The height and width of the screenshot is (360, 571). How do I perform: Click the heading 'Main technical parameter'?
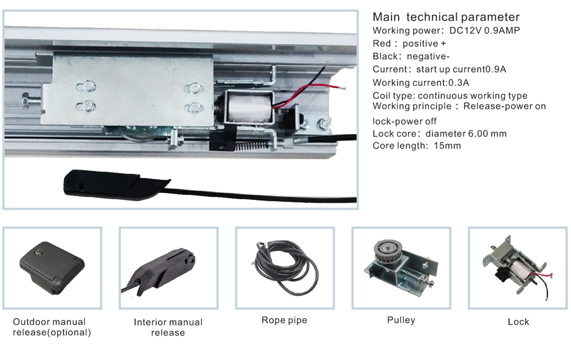click(x=445, y=17)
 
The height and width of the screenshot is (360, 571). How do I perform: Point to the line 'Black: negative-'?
click(x=411, y=56)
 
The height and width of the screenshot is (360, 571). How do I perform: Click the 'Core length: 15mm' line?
click(x=417, y=145)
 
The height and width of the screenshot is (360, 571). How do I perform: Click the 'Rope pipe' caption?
click(x=284, y=320)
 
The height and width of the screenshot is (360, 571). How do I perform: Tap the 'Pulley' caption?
click(x=401, y=319)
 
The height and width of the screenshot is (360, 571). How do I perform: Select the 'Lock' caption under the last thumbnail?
click(x=518, y=322)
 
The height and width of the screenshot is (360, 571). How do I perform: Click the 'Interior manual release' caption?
click(x=168, y=327)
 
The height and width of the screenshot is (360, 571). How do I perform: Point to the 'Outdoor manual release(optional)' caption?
click(x=52, y=326)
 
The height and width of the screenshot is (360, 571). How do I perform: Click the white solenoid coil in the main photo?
click(x=247, y=107)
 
